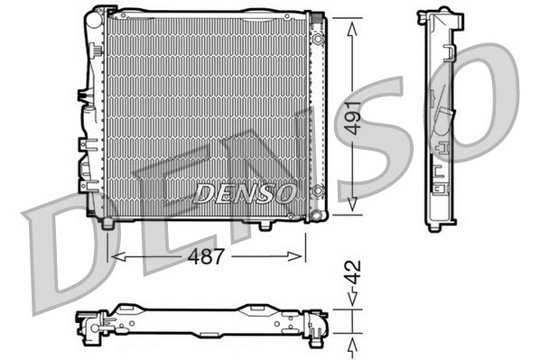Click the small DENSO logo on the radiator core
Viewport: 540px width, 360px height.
tap(245, 192)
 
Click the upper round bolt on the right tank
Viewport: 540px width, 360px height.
tap(318, 40)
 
